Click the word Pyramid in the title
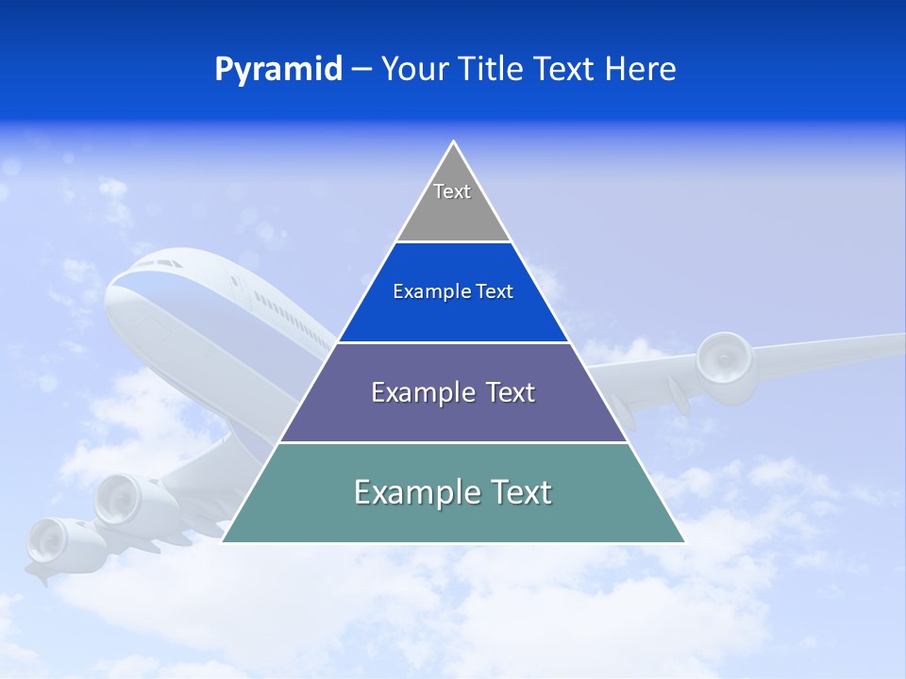[278, 70]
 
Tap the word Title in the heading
[494, 69]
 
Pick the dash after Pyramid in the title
[361, 70]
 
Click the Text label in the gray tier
[452, 191]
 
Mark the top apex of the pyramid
[454, 143]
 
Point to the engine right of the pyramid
[727, 362]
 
